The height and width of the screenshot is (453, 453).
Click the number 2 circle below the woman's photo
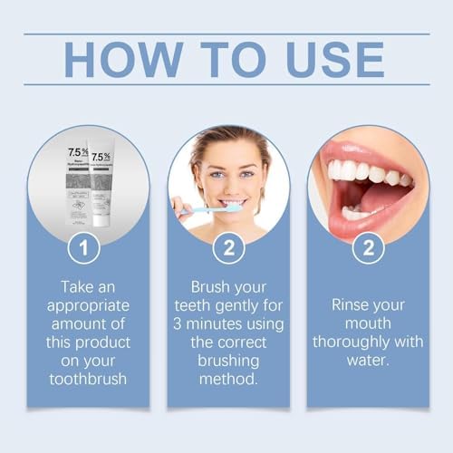228,246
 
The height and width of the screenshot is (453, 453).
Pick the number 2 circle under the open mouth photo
369,246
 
